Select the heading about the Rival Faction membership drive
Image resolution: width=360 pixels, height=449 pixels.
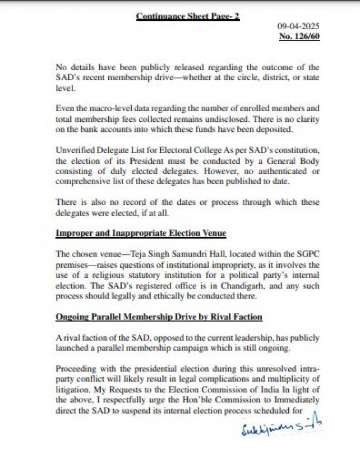[159, 317]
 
